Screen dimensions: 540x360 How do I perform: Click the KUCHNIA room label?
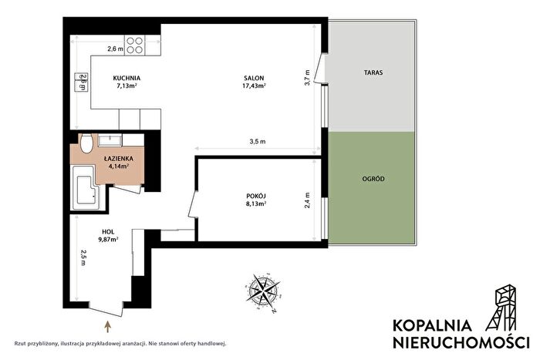[127, 78]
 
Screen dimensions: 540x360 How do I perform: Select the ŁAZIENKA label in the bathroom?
[119, 159]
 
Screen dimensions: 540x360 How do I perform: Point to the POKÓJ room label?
[256, 196]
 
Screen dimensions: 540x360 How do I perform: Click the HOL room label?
[108, 232]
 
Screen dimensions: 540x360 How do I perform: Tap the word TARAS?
[373, 72]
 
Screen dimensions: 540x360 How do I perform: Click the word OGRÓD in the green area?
[373, 179]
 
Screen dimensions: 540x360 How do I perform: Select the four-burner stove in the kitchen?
[135, 45]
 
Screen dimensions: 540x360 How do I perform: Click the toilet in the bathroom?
[86, 143]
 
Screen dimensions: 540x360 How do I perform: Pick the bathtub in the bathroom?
[85, 187]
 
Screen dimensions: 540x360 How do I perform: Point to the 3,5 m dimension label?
[257, 141]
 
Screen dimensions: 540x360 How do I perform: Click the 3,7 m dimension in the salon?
[308, 77]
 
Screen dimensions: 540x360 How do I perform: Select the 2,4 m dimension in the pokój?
[308, 200]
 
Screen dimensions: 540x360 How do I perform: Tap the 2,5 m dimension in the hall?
[83, 257]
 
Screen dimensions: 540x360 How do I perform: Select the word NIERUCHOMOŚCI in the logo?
[461, 342]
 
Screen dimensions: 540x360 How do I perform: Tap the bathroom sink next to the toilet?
[110, 140]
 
